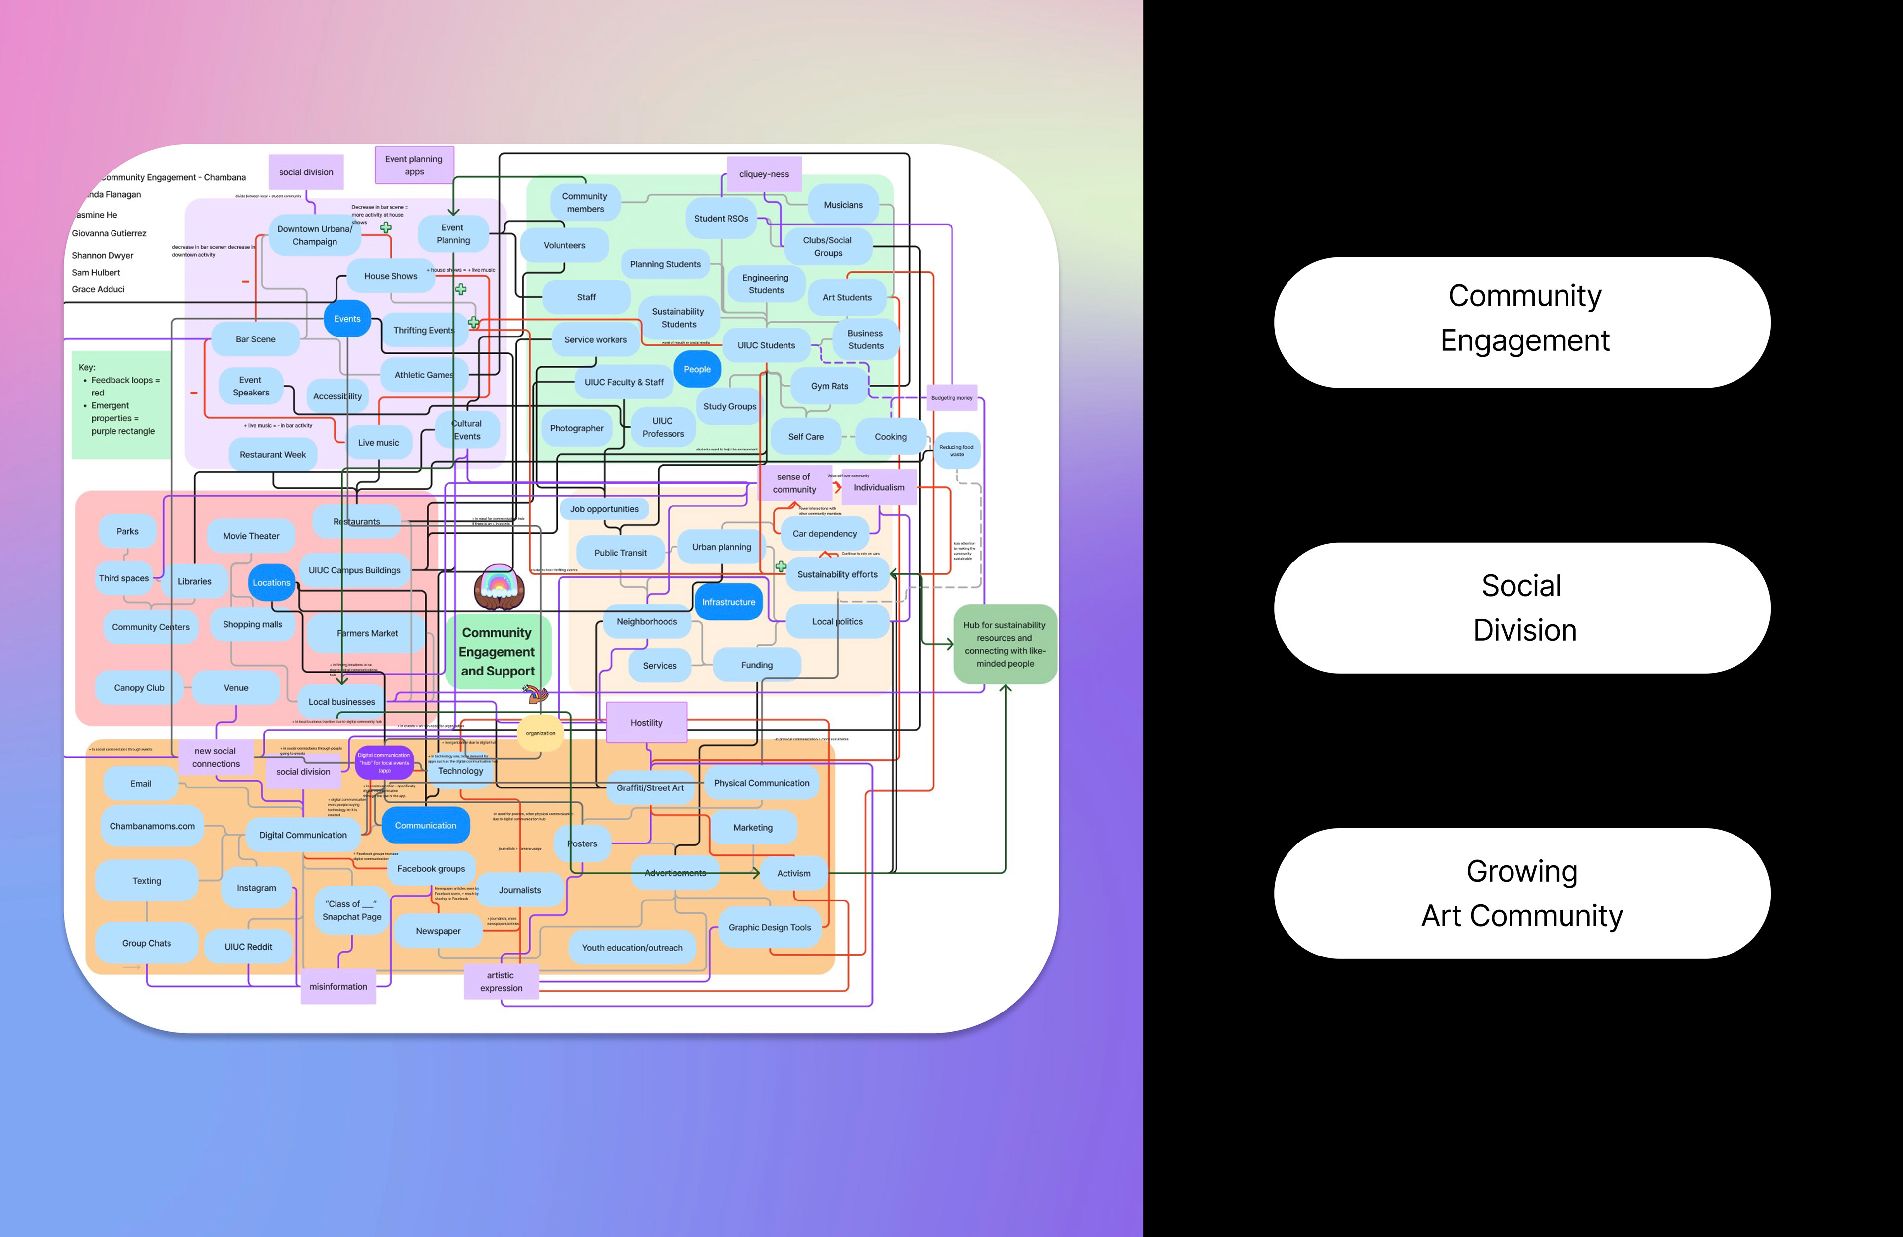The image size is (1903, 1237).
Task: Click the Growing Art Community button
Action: click(1521, 893)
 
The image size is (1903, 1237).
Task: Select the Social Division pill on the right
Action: click(1521, 608)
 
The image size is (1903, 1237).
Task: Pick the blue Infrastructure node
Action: click(728, 602)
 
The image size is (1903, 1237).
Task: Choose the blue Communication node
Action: click(425, 825)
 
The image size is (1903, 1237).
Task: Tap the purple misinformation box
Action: click(338, 987)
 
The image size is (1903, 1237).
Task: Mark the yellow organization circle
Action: click(541, 733)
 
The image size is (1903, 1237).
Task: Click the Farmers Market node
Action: click(368, 633)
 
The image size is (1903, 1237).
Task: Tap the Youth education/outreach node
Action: click(632, 948)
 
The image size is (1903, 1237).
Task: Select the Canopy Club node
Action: click(139, 688)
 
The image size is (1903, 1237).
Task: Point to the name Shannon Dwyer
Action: click(103, 255)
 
